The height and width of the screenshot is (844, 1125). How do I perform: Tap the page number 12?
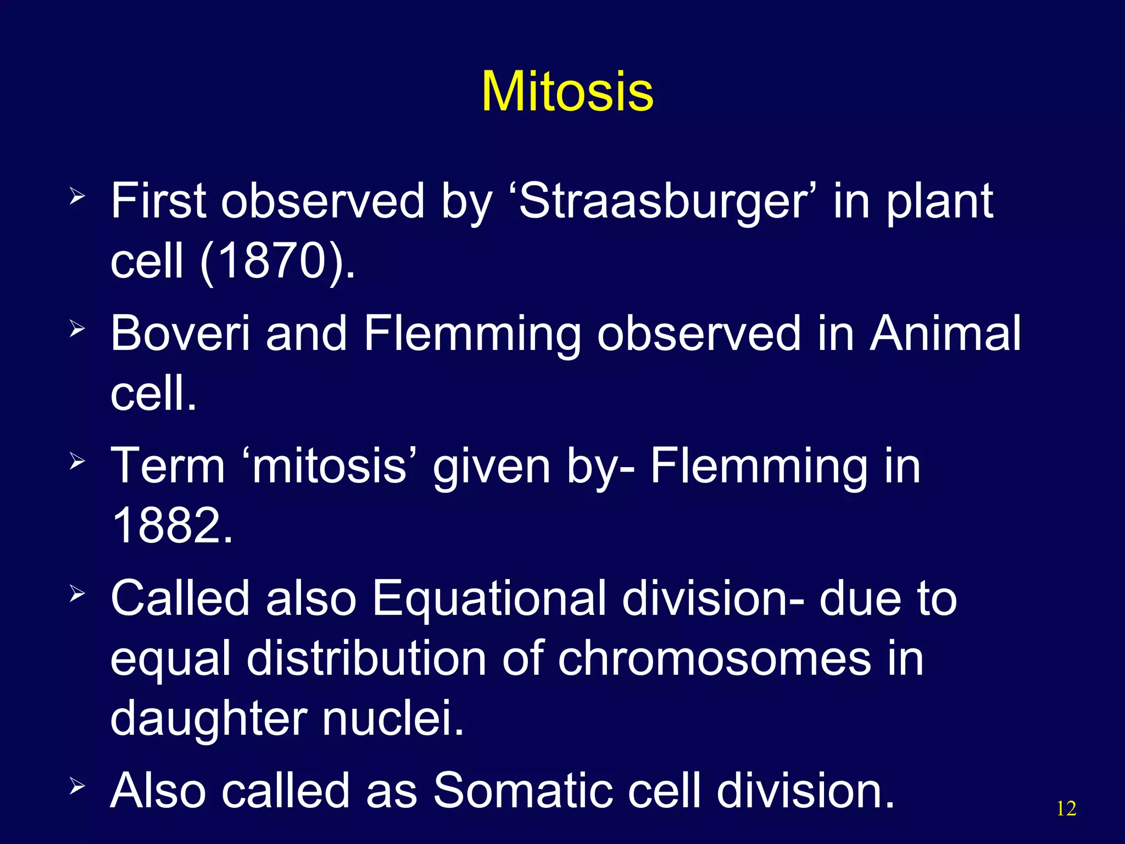tap(1066, 809)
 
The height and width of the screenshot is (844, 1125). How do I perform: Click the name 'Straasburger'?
tap(667, 201)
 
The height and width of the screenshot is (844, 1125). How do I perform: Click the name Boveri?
tap(181, 333)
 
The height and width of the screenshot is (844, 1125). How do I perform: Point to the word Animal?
tap(945, 333)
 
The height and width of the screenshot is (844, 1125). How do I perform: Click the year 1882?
tap(172, 525)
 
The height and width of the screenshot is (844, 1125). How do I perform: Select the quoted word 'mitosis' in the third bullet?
tap(328, 466)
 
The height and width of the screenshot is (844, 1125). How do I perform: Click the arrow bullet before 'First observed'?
tap(77, 196)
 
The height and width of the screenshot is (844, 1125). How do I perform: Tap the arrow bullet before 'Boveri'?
tap(77, 329)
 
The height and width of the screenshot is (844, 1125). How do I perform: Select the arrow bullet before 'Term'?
tap(77, 461)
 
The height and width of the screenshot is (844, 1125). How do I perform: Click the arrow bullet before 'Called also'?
tap(77, 593)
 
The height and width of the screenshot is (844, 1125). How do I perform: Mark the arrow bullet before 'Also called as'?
tap(77, 786)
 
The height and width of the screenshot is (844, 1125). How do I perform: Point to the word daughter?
tap(208, 719)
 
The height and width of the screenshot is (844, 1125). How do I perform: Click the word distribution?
tap(366, 658)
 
